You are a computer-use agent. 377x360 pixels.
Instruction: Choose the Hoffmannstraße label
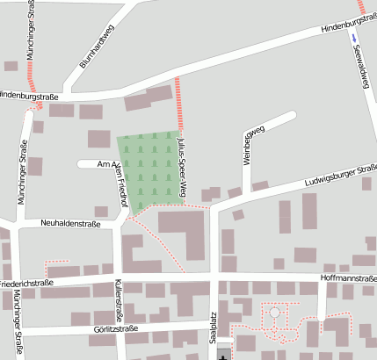(349, 278)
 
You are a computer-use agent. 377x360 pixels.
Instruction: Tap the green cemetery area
(150, 167)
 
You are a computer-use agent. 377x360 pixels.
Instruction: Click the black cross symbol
(223, 355)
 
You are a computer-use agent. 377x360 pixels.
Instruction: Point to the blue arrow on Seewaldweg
(353, 38)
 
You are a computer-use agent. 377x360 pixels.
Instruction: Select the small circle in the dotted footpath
(274, 312)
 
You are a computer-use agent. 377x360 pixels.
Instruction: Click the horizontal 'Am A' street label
(108, 164)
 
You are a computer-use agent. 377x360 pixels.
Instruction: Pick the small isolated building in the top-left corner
(11, 66)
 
